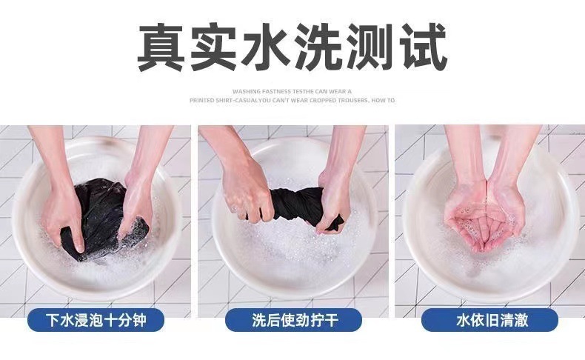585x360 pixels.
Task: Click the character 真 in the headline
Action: (161, 47)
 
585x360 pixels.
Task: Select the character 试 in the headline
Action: (423, 47)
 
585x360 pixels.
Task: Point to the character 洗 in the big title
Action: (317, 47)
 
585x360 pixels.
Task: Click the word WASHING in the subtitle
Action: (247, 91)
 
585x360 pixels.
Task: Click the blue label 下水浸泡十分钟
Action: (96, 320)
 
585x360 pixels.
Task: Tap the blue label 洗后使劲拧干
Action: (293, 320)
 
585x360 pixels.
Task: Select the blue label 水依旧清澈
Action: (490, 320)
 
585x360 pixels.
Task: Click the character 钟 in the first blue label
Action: (138, 320)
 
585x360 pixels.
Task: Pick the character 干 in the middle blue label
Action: (331, 320)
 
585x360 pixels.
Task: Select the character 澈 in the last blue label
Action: (520, 320)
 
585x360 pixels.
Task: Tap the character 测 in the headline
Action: (370, 47)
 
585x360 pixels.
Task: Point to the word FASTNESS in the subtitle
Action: (276, 91)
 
